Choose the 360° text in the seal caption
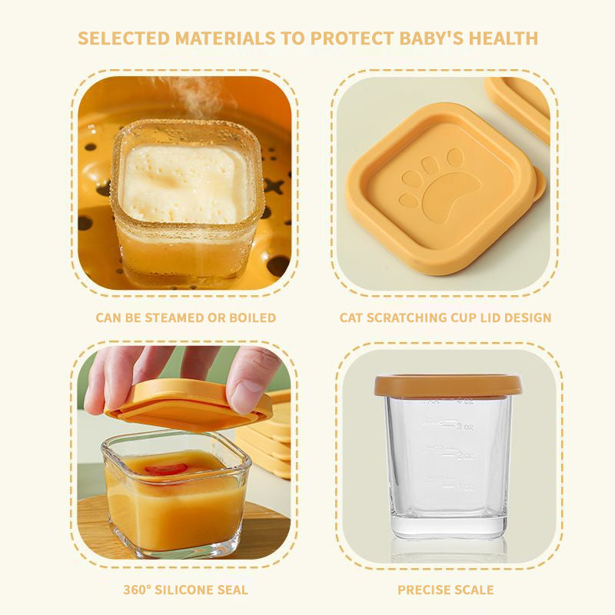coord(139,590)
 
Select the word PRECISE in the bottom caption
coord(422,590)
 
